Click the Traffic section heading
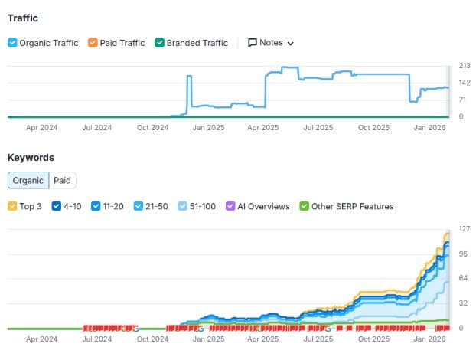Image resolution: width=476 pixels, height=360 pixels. [22, 18]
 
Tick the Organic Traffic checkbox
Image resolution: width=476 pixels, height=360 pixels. [12, 43]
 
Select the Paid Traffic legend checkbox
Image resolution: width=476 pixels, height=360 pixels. [93, 43]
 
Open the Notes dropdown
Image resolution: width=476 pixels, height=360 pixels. [271, 43]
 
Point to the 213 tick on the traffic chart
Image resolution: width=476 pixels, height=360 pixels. [464, 65]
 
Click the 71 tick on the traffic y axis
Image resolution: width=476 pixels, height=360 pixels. [462, 100]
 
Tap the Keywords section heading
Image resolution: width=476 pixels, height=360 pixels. [31, 157]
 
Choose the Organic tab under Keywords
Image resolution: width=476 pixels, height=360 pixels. [28, 181]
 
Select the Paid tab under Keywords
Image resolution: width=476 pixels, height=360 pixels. [62, 181]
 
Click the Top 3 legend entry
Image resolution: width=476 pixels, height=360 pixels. [12, 206]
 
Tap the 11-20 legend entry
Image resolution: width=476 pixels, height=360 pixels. [96, 206]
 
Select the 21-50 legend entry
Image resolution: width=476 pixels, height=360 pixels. [139, 206]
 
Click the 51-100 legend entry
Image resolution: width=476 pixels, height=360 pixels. [182, 206]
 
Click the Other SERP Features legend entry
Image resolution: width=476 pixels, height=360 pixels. [305, 206]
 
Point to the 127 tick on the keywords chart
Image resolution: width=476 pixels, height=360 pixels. [464, 229]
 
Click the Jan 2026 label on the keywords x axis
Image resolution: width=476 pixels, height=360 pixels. [429, 339]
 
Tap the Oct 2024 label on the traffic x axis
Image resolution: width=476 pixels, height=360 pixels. [153, 127]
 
